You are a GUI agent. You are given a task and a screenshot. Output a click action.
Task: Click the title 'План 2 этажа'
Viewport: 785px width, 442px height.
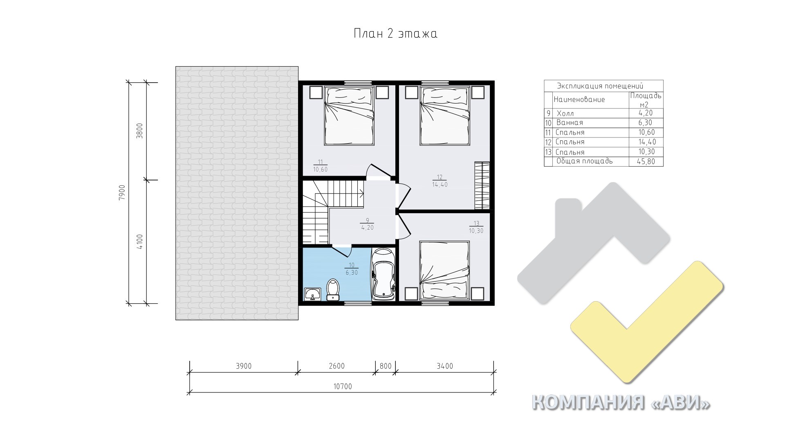[395, 34]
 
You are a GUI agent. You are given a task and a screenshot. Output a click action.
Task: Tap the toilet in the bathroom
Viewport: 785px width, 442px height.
[333, 289]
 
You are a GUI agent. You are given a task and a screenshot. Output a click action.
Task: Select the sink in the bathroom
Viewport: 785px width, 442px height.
[313, 294]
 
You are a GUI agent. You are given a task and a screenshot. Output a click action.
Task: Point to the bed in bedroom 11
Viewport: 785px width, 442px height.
[349, 115]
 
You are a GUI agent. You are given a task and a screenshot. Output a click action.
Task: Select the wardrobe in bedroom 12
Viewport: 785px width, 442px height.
[482, 185]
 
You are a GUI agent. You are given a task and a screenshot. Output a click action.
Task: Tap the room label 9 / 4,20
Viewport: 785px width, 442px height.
[367, 224]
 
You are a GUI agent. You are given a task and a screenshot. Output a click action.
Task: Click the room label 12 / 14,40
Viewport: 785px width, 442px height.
[440, 181]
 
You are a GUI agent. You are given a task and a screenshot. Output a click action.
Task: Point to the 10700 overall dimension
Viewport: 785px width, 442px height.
[343, 386]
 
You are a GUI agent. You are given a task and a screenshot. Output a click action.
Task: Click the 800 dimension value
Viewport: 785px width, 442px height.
[386, 366]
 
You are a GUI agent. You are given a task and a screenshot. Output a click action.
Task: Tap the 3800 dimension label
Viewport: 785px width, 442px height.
[140, 131]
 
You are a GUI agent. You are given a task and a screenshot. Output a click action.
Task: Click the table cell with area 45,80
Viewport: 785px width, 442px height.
[646, 162]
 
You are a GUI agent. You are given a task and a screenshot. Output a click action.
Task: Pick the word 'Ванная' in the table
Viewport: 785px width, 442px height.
[570, 122]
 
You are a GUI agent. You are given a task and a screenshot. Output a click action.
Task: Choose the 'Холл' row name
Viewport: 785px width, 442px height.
[565, 113]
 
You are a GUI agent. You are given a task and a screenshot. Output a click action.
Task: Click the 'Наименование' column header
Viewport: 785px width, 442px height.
[579, 99]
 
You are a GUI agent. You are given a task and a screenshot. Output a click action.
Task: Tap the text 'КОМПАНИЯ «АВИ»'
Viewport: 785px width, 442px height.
[621, 403]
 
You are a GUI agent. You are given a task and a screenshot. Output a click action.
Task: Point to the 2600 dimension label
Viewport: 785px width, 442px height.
[336, 366]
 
